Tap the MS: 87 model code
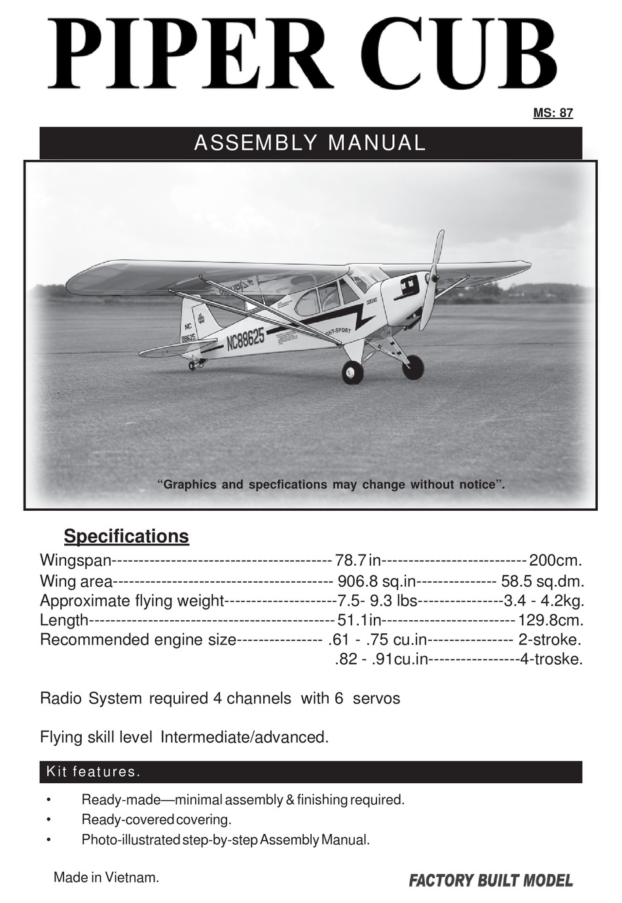click(x=553, y=113)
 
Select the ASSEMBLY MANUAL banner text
click(x=310, y=143)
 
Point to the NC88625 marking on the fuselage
click(x=246, y=340)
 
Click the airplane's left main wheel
click(x=352, y=372)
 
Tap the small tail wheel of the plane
click(x=191, y=365)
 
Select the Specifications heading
click(x=126, y=536)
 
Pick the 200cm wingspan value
click(x=555, y=561)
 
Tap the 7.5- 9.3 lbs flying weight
click(x=376, y=600)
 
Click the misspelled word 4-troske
click(x=551, y=659)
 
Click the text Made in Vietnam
click(x=106, y=877)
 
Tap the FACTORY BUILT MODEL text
click(x=490, y=880)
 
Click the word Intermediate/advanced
click(x=244, y=737)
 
